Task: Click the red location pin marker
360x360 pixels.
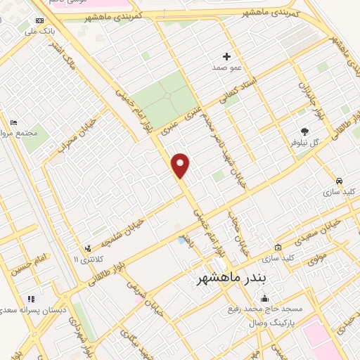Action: [181, 165]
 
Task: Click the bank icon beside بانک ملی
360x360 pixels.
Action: [39, 21]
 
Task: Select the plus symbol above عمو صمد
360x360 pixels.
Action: [226, 56]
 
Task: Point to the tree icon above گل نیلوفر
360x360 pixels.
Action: [304, 131]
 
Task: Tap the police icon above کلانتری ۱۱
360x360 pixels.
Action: [88, 248]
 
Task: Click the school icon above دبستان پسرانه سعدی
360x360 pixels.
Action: [30, 299]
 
